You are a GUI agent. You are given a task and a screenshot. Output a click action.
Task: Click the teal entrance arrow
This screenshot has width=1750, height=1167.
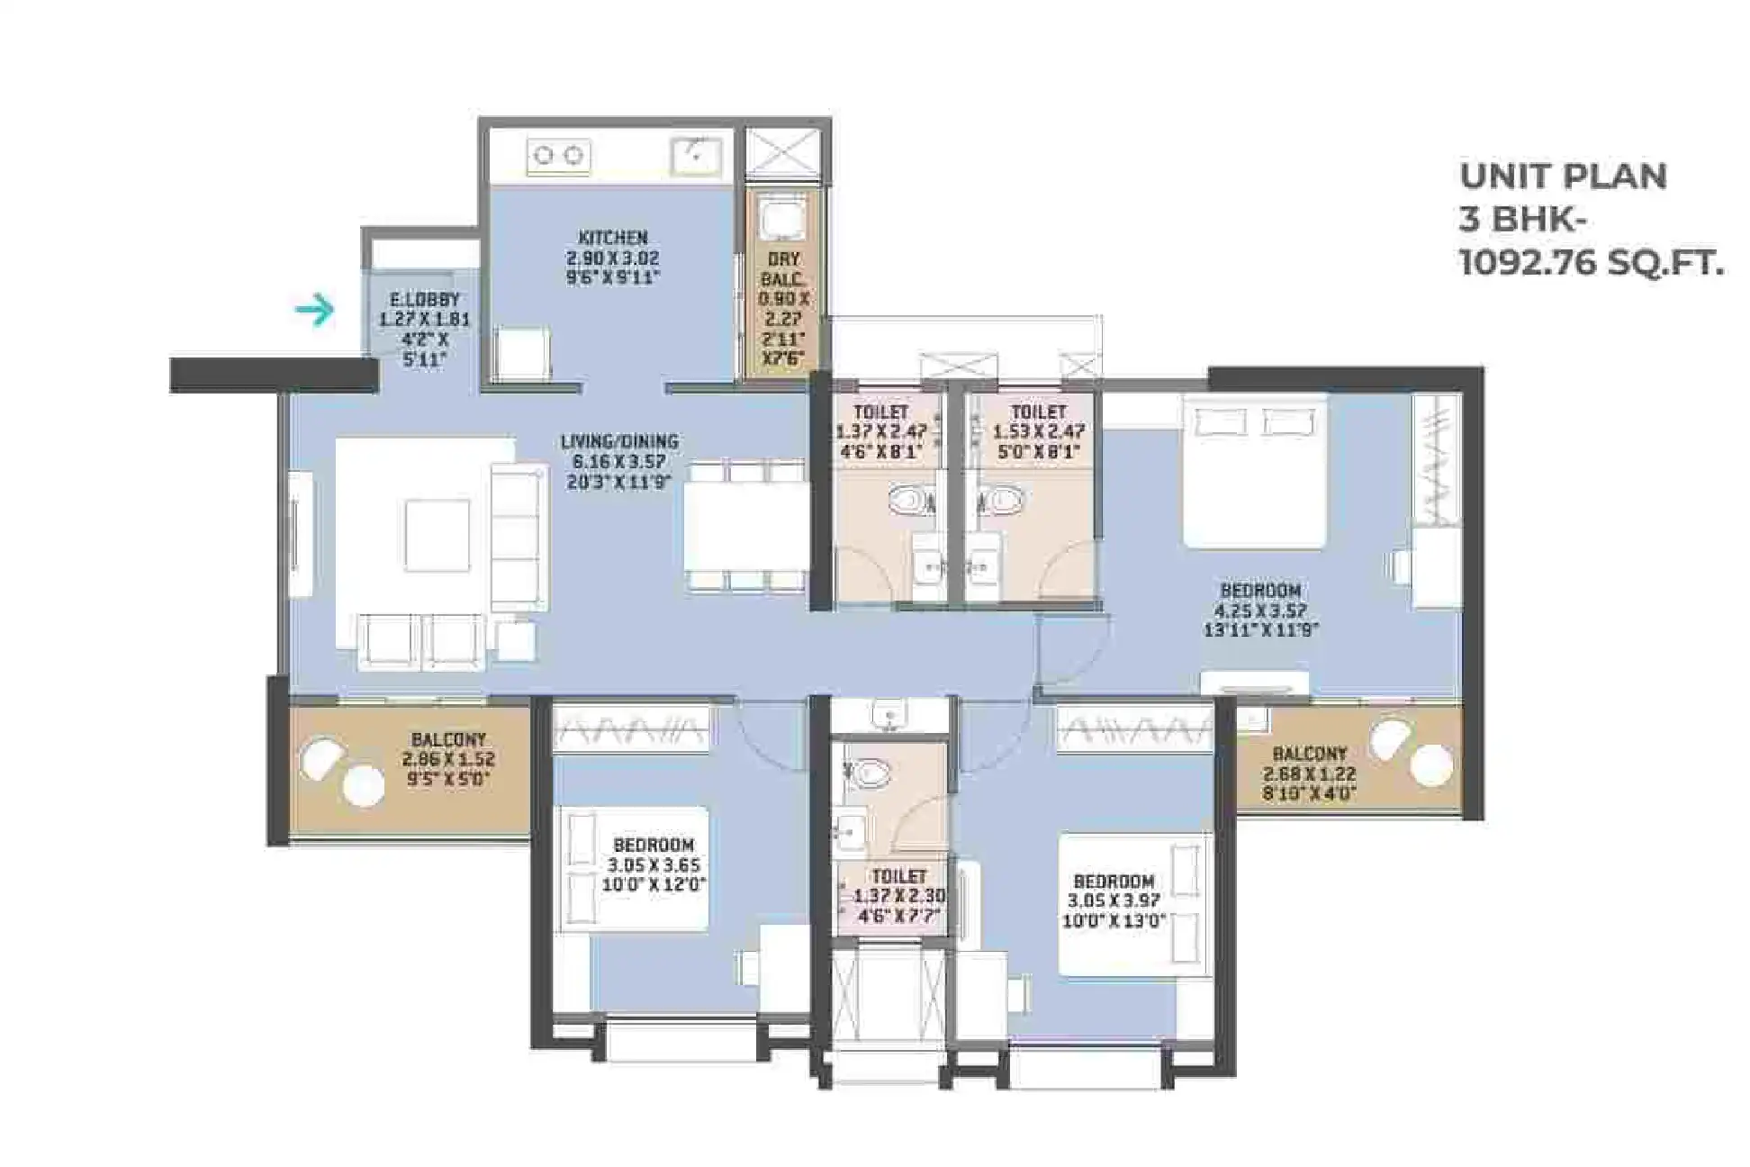point(314,311)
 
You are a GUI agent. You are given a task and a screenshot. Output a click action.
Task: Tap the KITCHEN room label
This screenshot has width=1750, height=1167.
point(612,238)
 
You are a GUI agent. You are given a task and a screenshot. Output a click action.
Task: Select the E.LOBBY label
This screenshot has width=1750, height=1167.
point(424,299)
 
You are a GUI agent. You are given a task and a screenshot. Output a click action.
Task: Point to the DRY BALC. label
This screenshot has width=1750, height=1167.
point(784,268)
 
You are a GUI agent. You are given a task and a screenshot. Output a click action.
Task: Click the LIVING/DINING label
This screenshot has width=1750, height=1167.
point(619,441)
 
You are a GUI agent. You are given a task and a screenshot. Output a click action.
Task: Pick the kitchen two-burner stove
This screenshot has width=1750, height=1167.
point(558,156)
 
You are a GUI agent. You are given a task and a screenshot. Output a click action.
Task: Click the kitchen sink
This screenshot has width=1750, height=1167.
point(696,157)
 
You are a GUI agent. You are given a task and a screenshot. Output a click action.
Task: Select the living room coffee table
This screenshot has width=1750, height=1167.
point(437,536)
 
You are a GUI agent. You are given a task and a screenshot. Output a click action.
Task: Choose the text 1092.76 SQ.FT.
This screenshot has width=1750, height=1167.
point(1591,263)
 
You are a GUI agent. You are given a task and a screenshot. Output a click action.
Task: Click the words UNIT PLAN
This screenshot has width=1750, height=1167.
point(1563,176)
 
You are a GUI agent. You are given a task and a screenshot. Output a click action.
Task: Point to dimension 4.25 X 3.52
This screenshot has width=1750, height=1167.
point(1260,611)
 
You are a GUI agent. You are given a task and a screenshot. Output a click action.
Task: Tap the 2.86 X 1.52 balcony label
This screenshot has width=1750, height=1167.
point(448,759)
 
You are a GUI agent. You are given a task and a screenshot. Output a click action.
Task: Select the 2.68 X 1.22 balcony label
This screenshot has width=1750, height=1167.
point(1309,774)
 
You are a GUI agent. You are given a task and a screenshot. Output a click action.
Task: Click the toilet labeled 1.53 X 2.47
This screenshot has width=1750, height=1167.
point(1038,430)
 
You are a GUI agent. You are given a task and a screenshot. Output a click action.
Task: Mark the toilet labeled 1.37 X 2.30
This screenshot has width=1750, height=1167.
point(898,896)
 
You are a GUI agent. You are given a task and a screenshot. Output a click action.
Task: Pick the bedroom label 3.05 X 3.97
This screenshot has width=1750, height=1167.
point(1114,900)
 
